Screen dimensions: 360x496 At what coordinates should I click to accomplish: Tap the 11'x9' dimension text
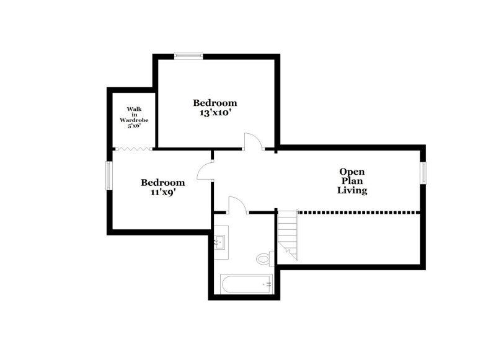(162, 192)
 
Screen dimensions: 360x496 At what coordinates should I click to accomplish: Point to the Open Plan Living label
(352, 181)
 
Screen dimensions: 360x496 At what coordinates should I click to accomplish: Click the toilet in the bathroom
(263, 258)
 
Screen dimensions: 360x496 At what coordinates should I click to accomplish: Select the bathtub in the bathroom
(247, 284)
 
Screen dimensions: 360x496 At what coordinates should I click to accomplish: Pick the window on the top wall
(188, 56)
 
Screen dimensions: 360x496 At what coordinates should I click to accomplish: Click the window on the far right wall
(425, 172)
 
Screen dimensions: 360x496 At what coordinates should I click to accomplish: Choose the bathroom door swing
(237, 204)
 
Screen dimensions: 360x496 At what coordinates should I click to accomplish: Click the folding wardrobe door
(135, 149)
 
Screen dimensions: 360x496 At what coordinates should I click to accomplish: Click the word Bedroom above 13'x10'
(215, 103)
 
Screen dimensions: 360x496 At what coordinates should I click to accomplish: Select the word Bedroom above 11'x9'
(162, 183)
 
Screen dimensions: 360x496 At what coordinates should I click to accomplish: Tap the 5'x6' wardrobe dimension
(134, 126)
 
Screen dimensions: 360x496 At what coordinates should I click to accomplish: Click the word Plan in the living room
(352, 181)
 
